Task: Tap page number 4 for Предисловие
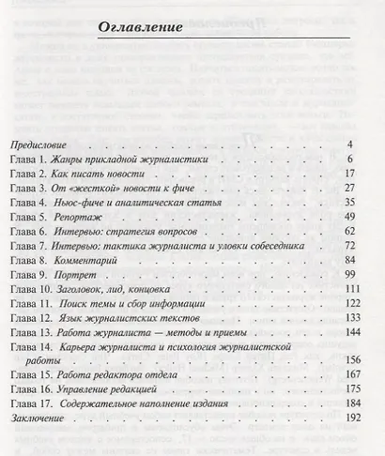coord(348,145)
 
